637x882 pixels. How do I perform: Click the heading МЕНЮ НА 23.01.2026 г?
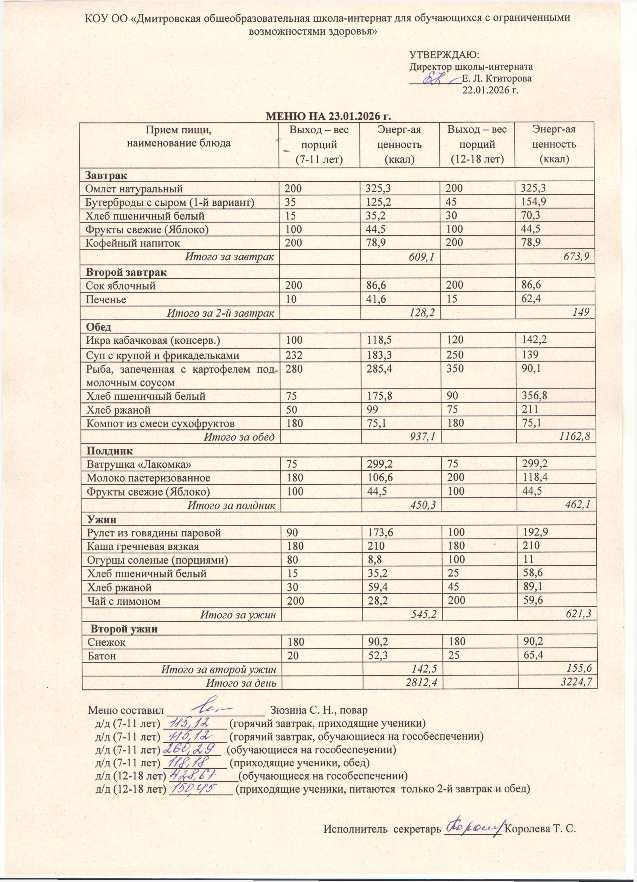327,117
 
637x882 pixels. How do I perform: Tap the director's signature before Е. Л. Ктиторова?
436,78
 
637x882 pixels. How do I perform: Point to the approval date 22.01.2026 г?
490,90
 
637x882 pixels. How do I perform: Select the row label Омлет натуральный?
134,189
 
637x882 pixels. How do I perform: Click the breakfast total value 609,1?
422,257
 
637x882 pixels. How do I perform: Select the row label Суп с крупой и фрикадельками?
162,355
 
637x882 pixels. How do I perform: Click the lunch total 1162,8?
575,437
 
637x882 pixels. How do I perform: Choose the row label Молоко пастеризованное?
148,478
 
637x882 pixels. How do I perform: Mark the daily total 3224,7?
577,683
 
